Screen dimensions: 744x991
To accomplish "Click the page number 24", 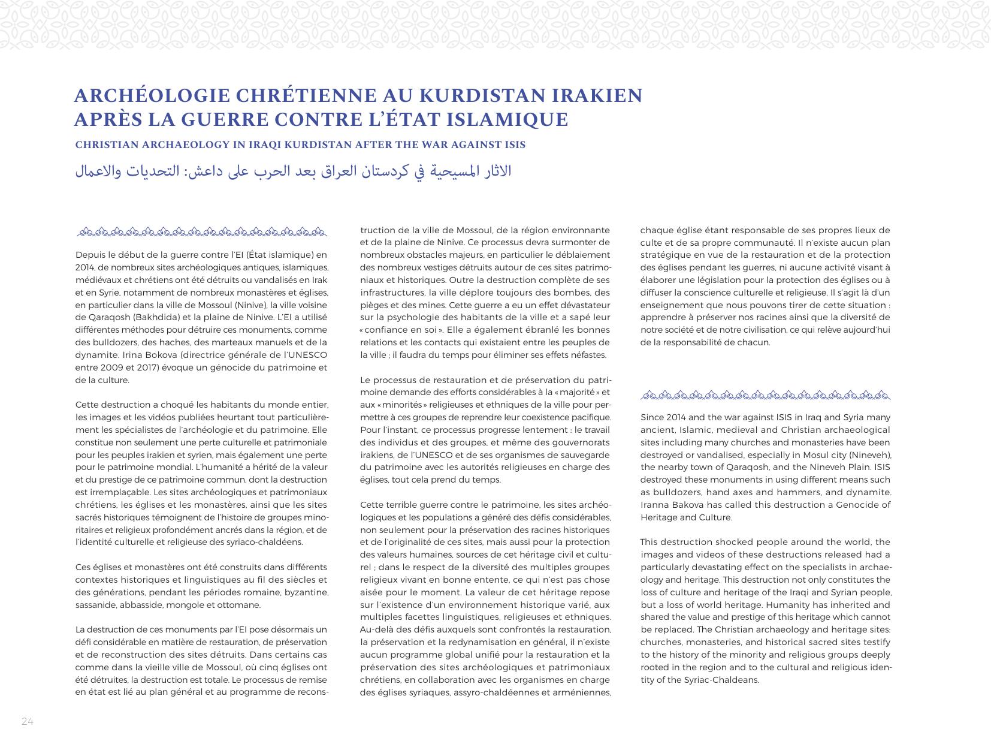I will pyautogui.click(x=28, y=721).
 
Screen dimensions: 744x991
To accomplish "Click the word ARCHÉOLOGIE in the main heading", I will pyautogui.click(x=152, y=96).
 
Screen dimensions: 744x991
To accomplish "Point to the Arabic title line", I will pyautogui.click(x=293, y=171).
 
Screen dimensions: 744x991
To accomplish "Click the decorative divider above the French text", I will pyautogui.click(x=202, y=231).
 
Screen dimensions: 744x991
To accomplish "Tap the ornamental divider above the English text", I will pyautogui.click(x=765, y=395).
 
